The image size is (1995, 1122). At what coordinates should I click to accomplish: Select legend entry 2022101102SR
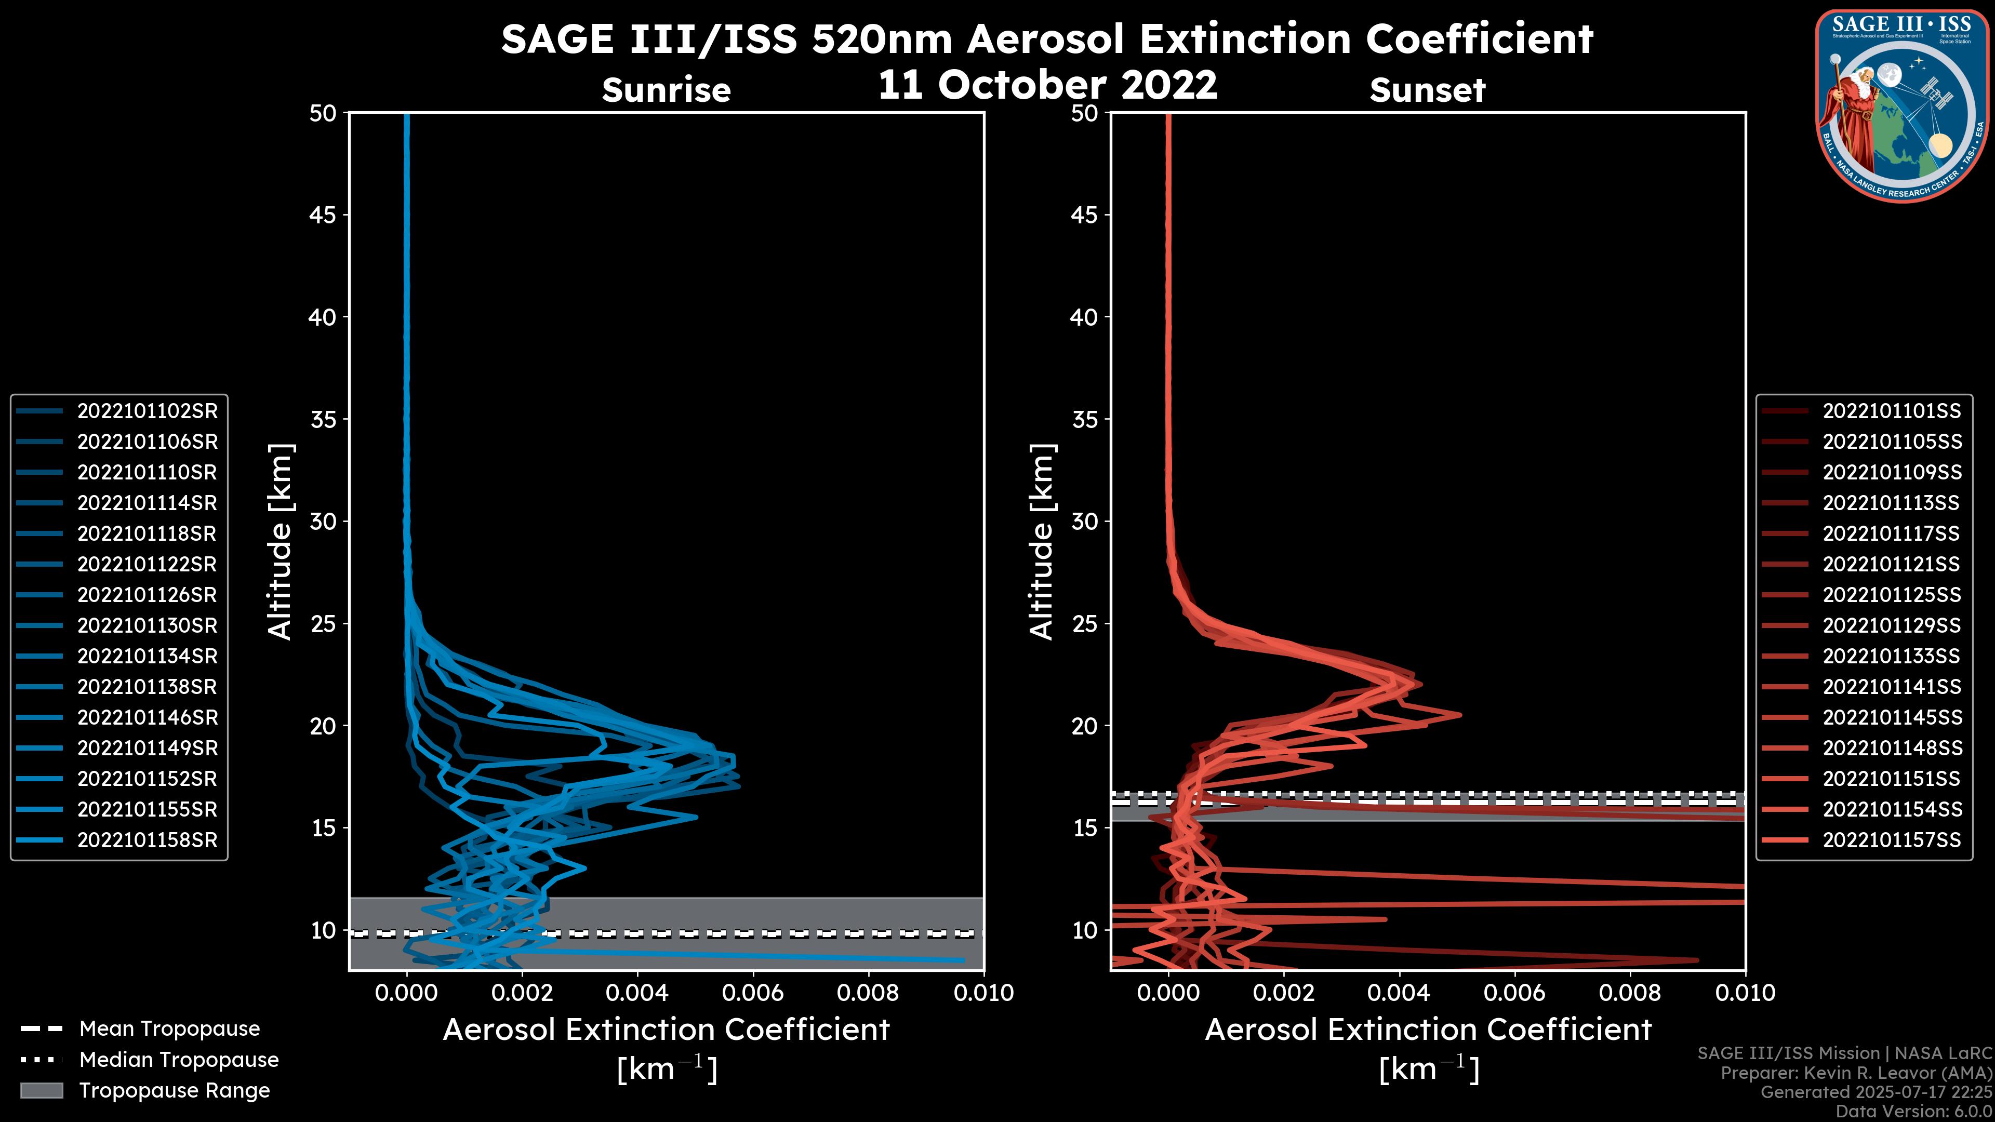tap(147, 411)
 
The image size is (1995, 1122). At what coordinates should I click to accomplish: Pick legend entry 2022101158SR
tap(147, 840)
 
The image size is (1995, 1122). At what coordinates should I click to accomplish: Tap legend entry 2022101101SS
tap(1891, 411)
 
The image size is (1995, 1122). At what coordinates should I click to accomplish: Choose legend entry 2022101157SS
tap(1891, 840)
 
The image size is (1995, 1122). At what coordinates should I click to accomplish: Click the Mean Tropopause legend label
tap(169, 1028)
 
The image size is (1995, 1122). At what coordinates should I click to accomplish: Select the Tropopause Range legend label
tap(174, 1090)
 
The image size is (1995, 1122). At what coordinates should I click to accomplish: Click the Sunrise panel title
tap(666, 90)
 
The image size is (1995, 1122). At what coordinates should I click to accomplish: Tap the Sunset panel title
tap(1427, 90)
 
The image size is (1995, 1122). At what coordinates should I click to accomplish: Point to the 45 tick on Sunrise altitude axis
tap(323, 215)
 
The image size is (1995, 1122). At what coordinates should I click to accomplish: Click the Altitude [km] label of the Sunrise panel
tap(280, 541)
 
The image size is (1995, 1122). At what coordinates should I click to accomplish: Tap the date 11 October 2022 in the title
tap(1047, 84)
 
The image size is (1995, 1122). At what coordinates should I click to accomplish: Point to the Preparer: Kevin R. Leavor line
tap(1856, 1073)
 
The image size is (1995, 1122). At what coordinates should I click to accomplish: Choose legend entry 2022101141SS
tap(1891, 687)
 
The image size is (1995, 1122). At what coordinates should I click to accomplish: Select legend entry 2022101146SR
tap(147, 718)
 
